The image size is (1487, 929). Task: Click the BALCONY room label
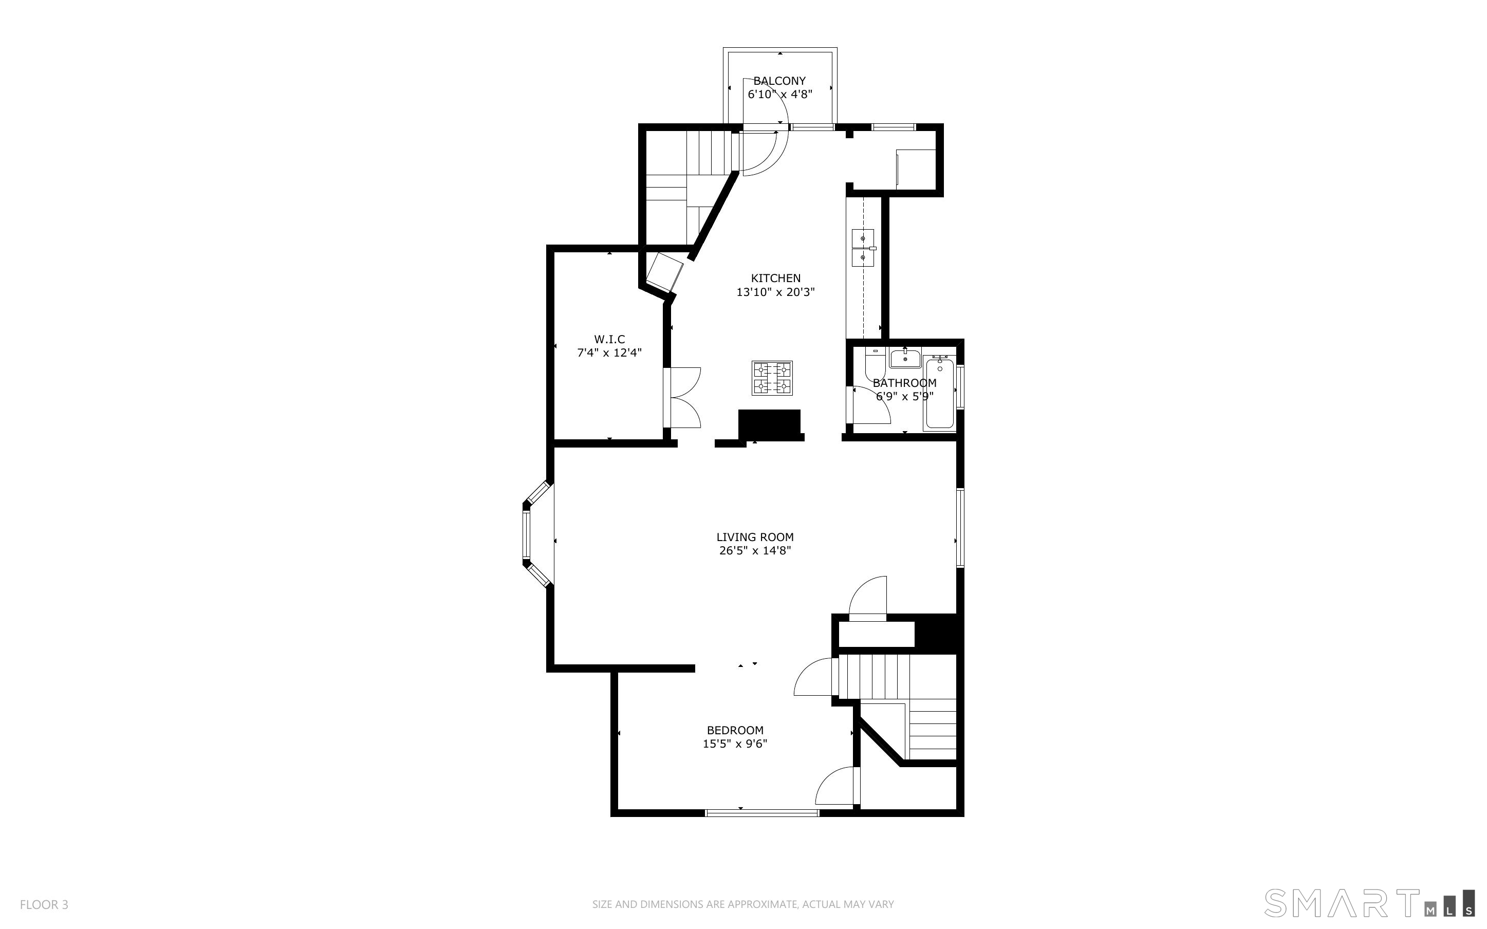click(779, 81)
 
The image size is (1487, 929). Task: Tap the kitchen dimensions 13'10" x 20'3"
click(776, 292)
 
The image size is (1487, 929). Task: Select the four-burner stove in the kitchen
click(772, 378)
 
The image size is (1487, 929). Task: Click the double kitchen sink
click(864, 248)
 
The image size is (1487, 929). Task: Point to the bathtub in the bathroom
click(940, 393)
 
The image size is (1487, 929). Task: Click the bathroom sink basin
click(905, 358)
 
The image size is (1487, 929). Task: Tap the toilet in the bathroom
click(874, 363)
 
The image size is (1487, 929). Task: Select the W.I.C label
click(609, 339)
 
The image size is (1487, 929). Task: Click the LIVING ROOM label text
click(755, 537)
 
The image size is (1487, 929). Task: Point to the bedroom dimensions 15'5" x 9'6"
click(735, 744)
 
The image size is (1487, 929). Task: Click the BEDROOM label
click(735, 731)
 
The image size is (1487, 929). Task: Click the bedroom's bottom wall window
click(761, 813)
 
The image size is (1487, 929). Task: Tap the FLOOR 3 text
click(44, 904)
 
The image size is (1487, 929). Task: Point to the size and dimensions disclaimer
click(743, 904)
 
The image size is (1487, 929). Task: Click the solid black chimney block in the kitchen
click(769, 423)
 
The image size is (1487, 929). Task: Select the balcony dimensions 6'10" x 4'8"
click(780, 95)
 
